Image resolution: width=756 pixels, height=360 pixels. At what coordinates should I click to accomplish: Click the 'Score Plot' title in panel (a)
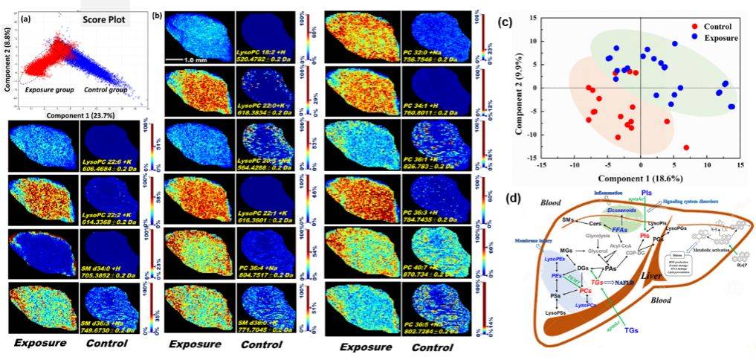pos(104,15)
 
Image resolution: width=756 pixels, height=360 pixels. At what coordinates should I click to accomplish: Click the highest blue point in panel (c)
pos(674,43)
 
